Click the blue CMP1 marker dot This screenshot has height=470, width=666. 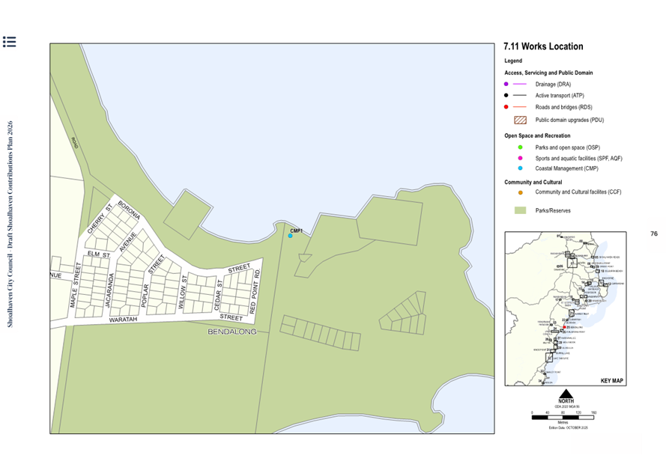click(291, 236)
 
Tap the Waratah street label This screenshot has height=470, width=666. click(124, 320)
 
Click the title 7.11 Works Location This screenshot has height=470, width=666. click(543, 46)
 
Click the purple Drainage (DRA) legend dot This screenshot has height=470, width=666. click(507, 85)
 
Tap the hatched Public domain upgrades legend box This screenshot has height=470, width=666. click(520, 120)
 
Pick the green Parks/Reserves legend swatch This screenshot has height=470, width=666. click(520, 211)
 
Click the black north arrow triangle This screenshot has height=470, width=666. click(566, 394)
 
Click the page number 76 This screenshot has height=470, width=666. click(653, 234)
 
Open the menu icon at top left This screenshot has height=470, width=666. click(10, 42)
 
